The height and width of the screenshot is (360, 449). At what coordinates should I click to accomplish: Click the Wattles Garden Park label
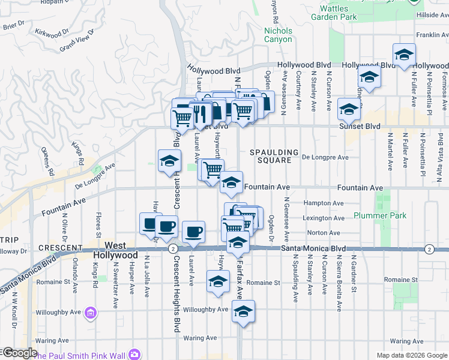coord(358,14)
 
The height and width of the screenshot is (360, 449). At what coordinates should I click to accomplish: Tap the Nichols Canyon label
coord(278,35)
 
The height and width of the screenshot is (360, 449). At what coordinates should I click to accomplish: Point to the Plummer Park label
coord(379,216)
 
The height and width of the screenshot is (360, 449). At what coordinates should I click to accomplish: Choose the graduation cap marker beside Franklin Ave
coord(404,55)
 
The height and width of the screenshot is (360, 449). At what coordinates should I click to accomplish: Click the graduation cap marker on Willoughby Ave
coord(243,311)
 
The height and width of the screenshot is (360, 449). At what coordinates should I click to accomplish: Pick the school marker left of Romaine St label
coord(218,281)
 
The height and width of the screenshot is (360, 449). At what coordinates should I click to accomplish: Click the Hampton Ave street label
coord(324,203)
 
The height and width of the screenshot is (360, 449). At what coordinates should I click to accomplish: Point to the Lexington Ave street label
coord(325,218)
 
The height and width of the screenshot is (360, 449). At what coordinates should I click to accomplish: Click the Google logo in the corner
coord(19,353)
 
